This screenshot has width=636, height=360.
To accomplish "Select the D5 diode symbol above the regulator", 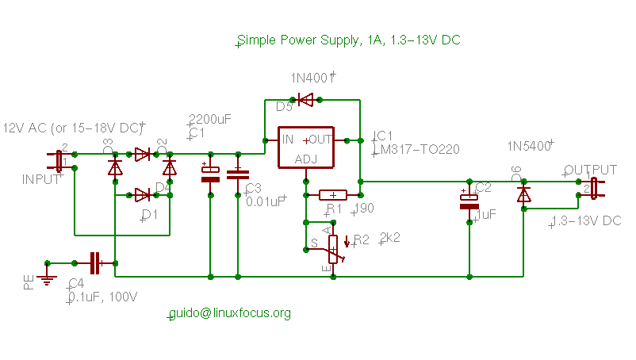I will [305, 99].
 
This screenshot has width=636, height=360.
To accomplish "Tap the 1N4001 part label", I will [312, 79].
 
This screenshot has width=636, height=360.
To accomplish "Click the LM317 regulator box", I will [305, 147].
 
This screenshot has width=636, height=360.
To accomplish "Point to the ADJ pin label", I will [305, 159].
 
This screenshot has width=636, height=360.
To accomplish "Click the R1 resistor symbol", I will [333, 194].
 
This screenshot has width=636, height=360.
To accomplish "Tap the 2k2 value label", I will [390, 237].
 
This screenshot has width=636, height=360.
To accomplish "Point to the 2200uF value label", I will [210, 119].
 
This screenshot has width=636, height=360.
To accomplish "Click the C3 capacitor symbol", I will [239, 174].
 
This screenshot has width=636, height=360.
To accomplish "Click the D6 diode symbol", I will [523, 194].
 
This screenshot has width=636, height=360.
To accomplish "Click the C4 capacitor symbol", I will [95, 262].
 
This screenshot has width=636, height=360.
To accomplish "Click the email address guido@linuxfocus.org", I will [230, 313].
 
